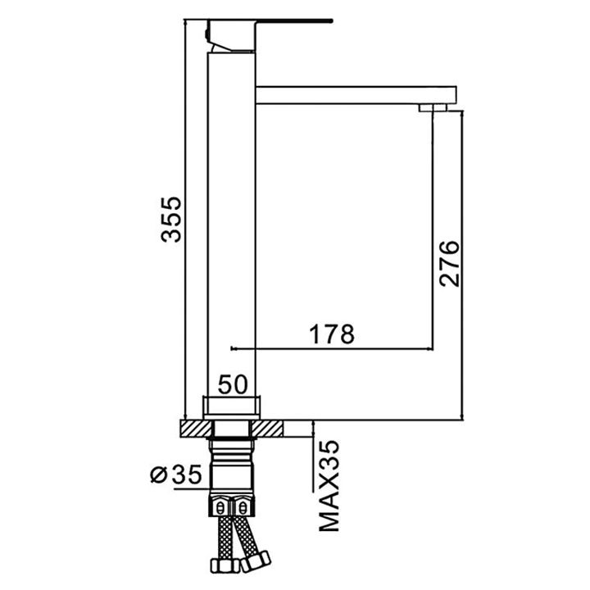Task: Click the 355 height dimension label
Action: pyautogui.click(x=170, y=219)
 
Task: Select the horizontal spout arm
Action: pyautogui.click(x=352, y=93)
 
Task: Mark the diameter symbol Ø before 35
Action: pyautogui.click(x=159, y=474)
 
